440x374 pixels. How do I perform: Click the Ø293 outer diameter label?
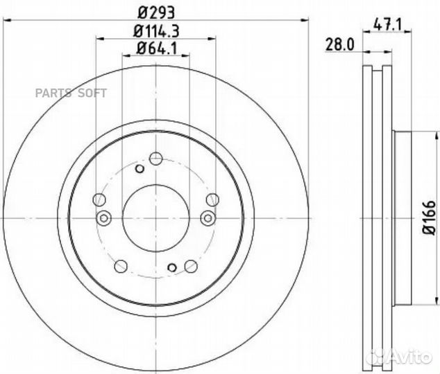pyautogui.click(x=156, y=12)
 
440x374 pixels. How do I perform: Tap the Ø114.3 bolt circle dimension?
pyautogui.click(x=156, y=31)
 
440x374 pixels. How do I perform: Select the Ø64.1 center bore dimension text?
pyautogui.click(x=157, y=48)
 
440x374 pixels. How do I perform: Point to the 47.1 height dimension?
pyautogui.click(x=387, y=25)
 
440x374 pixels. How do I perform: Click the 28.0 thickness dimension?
pyautogui.click(x=340, y=44)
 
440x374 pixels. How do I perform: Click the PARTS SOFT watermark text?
pyautogui.click(x=71, y=93)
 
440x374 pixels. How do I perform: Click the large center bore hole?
pyautogui.click(x=156, y=218)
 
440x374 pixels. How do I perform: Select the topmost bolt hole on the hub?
pyautogui.click(x=156, y=159)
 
